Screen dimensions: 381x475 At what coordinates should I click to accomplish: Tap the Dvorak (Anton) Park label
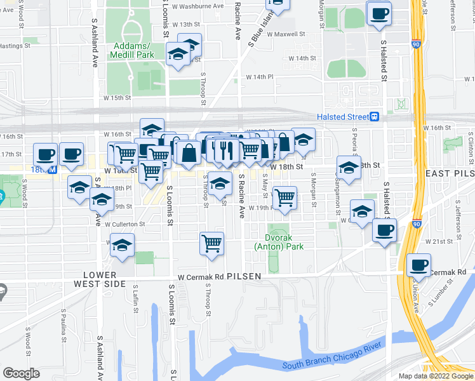pyautogui.click(x=279, y=242)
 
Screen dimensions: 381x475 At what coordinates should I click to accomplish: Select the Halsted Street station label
pyautogui.click(x=343, y=117)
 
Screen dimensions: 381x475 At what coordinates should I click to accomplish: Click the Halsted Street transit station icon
pyautogui.click(x=375, y=117)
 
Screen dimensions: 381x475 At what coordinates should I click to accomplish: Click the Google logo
pyautogui.click(x=21, y=373)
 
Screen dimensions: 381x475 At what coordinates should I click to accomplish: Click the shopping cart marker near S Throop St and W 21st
pyautogui.click(x=211, y=243)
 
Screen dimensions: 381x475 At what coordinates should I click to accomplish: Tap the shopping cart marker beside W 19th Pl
pyautogui.click(x=284, y=197)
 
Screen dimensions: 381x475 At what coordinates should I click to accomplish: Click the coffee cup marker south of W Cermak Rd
pyautogui.click(x=418, y=265)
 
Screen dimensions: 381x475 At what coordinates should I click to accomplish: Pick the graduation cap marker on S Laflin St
pyautogui.click(x=121, y=245)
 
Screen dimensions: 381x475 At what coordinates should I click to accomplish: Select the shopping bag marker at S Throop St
pyautogui.click(x=189, y=153)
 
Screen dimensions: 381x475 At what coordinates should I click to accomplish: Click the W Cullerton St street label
pyautogui.click(x=125, y=224)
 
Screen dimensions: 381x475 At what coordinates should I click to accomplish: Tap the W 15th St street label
pyautogui.click(x=117, y=98)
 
